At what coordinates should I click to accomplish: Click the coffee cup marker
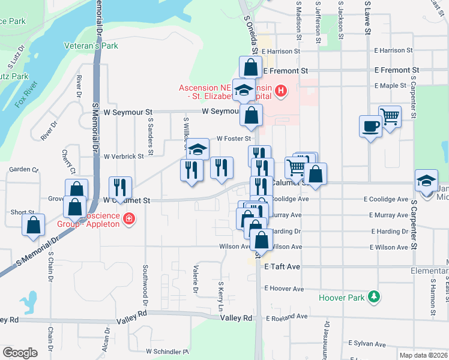370,126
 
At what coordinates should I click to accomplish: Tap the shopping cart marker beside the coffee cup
390,116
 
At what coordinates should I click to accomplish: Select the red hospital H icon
280,91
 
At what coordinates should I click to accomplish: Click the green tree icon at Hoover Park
374,296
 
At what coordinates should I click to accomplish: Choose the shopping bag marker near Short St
34,225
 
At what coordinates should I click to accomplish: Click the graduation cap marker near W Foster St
197,149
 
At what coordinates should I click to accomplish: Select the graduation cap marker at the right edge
426,180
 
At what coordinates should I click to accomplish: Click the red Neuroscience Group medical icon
128,219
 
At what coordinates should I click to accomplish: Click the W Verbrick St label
124,156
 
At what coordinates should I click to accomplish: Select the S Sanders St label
149,135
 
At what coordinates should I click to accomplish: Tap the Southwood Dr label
145,283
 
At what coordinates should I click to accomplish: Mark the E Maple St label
391,86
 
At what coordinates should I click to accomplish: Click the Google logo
19,353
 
